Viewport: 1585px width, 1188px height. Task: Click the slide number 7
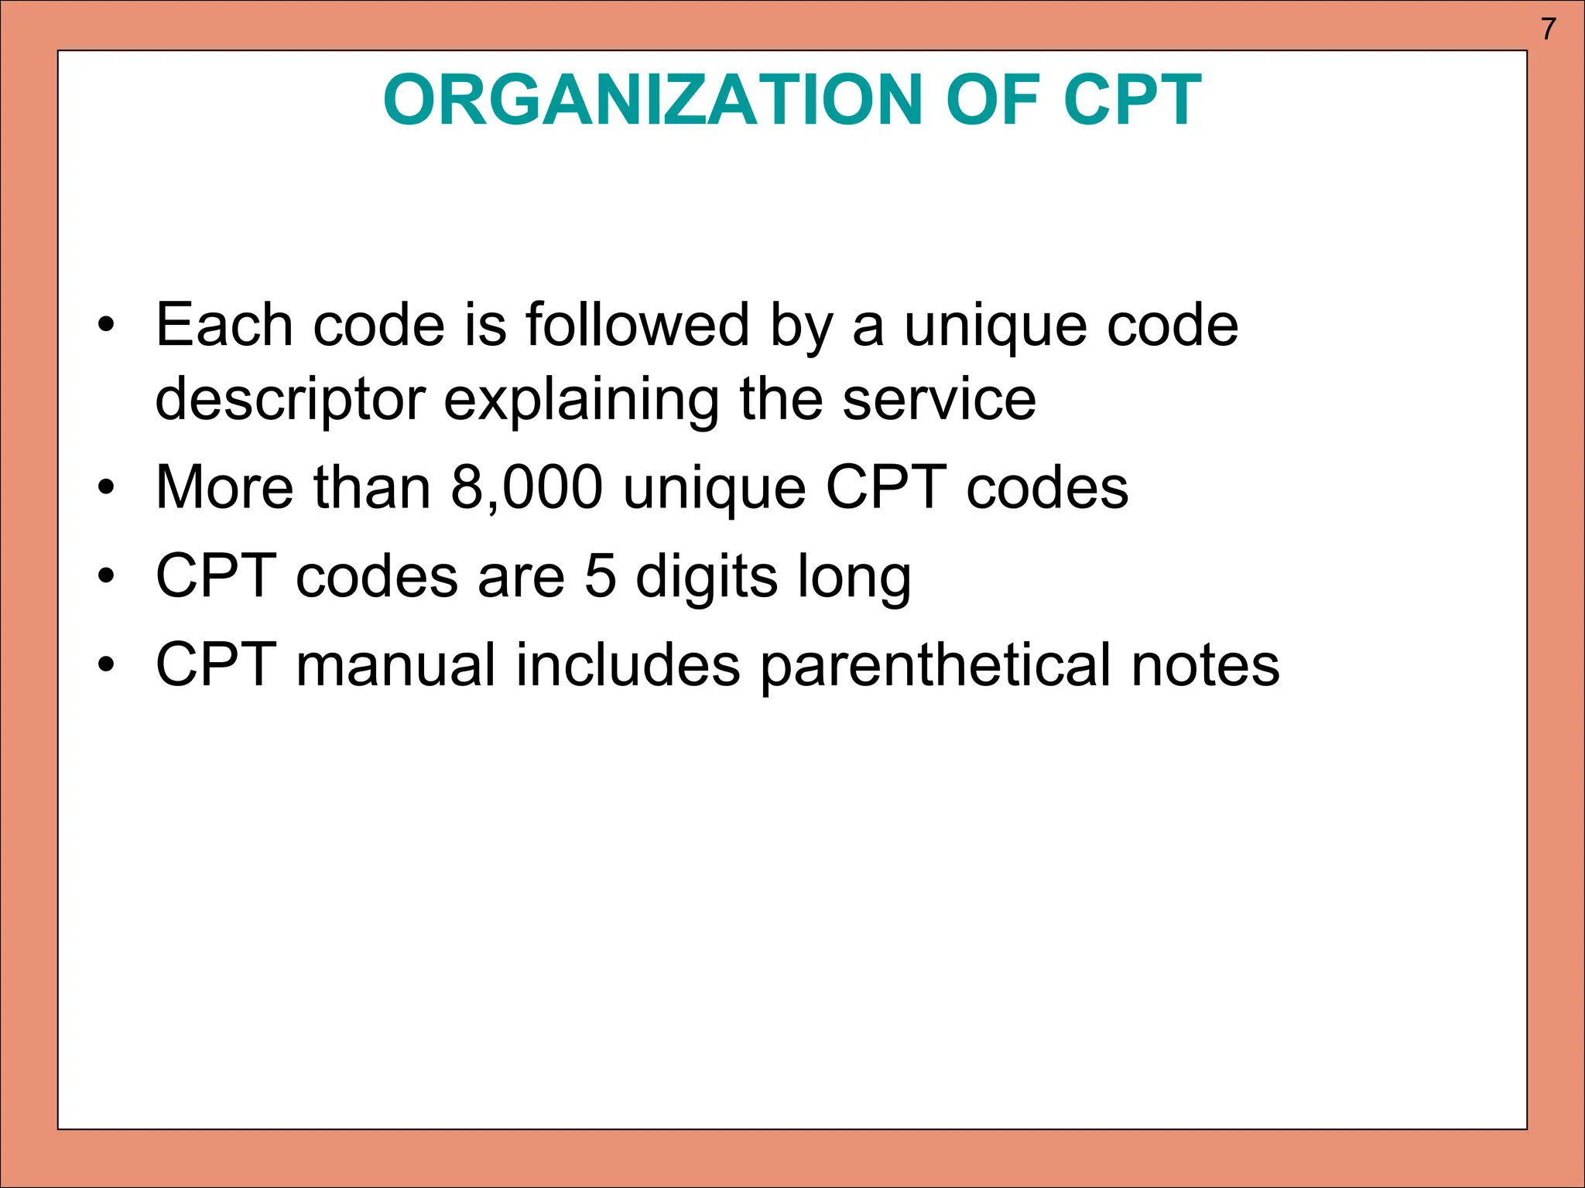point(1548,29)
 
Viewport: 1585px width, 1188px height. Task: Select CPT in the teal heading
point(1132,101)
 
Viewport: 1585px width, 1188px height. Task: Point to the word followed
point(638,325)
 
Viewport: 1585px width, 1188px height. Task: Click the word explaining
point(581,401)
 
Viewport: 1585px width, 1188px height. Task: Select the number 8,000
point(526,488)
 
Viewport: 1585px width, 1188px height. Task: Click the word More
point(224,488)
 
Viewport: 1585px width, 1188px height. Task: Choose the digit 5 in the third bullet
point(601,577)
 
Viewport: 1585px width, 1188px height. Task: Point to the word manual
point(395,665)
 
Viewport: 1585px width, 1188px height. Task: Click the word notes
point(1205,665)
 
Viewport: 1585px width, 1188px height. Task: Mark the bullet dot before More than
point(106,488)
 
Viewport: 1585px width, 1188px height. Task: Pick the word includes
point(628,665)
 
